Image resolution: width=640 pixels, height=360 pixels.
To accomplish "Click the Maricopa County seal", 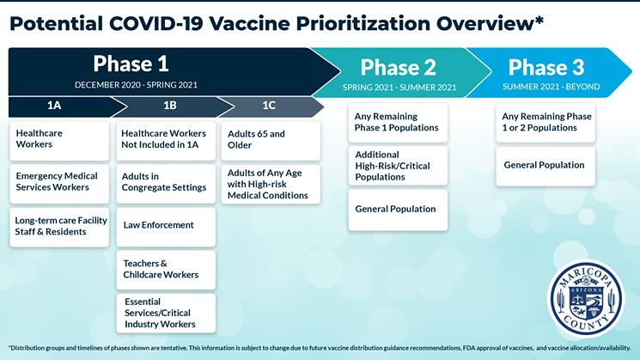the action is [586, 298].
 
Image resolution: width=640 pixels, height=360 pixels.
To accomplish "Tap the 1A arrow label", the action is [54, 106].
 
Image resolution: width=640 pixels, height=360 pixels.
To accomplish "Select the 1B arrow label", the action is [170, 106].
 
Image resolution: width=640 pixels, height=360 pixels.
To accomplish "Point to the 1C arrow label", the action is [269, 106].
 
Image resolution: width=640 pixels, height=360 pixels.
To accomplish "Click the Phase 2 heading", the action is [398, 67].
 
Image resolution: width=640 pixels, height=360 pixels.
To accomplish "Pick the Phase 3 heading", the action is [546, 67].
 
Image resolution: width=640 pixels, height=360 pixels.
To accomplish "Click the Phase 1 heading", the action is [131, 64].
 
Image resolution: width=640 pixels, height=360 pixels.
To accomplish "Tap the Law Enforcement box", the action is [166, 227].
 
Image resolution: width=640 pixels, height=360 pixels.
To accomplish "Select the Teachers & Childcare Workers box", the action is [166, 270].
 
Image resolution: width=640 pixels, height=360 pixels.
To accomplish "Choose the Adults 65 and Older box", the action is [271, 141].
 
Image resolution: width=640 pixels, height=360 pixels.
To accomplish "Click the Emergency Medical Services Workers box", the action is [59, 184].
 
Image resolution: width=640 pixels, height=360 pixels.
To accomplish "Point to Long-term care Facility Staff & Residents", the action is [59, 227].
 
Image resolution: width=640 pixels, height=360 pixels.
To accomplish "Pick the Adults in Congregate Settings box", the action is [166, 184].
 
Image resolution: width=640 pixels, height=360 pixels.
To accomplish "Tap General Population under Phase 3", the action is [546, 166].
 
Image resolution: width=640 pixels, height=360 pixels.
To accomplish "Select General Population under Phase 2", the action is [398, 210].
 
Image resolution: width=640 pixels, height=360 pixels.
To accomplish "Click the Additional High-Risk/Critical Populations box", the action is [398, 166].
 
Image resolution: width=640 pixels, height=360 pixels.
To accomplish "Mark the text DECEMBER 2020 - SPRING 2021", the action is [136, 85].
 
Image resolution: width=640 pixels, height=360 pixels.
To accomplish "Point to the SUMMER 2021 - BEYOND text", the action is [551, 87].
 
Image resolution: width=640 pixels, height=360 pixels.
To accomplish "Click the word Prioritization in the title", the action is [363, 24].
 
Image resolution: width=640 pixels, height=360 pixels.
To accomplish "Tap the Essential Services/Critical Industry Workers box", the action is [166, 313].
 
